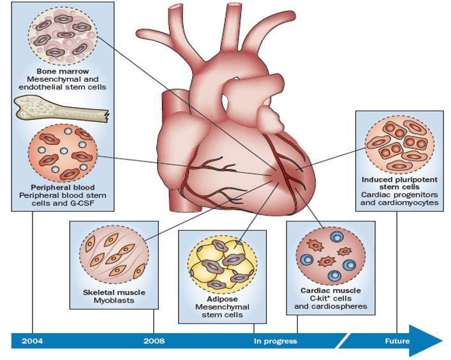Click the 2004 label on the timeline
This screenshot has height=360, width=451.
(33, 341)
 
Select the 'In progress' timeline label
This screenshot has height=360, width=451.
(276, 341)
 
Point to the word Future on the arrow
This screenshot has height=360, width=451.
(397, 341)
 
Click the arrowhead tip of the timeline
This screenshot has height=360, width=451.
(441, 338)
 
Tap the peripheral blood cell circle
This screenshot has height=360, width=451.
(63, 156)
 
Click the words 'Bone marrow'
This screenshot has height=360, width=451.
(63, 71)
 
